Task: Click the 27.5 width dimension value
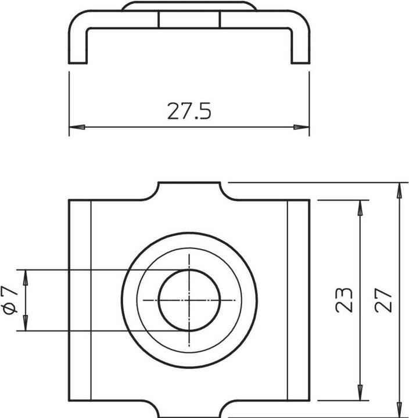(189, 111)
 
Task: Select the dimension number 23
(345, 300)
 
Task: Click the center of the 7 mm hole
(189, 300)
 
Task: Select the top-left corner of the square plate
(70, 200)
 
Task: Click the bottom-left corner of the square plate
(70, 401)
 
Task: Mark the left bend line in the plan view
(91, 300)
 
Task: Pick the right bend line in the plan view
(288, 300)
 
